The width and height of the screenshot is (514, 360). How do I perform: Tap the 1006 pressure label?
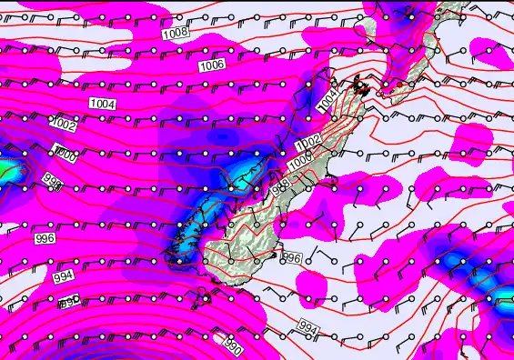pos(212,65)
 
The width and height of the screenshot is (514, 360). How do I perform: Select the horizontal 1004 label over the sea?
pos(103,105)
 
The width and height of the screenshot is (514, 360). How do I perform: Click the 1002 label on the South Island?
pos(308,143)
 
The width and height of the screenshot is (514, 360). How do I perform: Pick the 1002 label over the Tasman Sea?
pos(64,124)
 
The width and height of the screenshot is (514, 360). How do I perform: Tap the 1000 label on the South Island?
pos(301,162)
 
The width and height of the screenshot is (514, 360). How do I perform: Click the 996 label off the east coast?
pos(291,259)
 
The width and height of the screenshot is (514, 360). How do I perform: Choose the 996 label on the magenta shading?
pos(45,238)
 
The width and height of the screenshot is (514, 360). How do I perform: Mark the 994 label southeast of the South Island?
pos(308,327)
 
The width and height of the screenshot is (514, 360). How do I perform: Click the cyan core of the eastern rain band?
pos(455,263)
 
